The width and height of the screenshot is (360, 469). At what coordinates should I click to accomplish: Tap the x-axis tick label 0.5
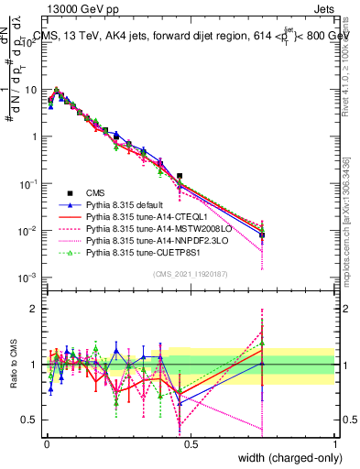coord(191,442)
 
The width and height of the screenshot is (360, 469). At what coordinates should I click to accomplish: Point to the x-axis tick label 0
coord(46,442)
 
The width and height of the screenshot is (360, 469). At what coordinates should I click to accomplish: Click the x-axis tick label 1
coord(335,442)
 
